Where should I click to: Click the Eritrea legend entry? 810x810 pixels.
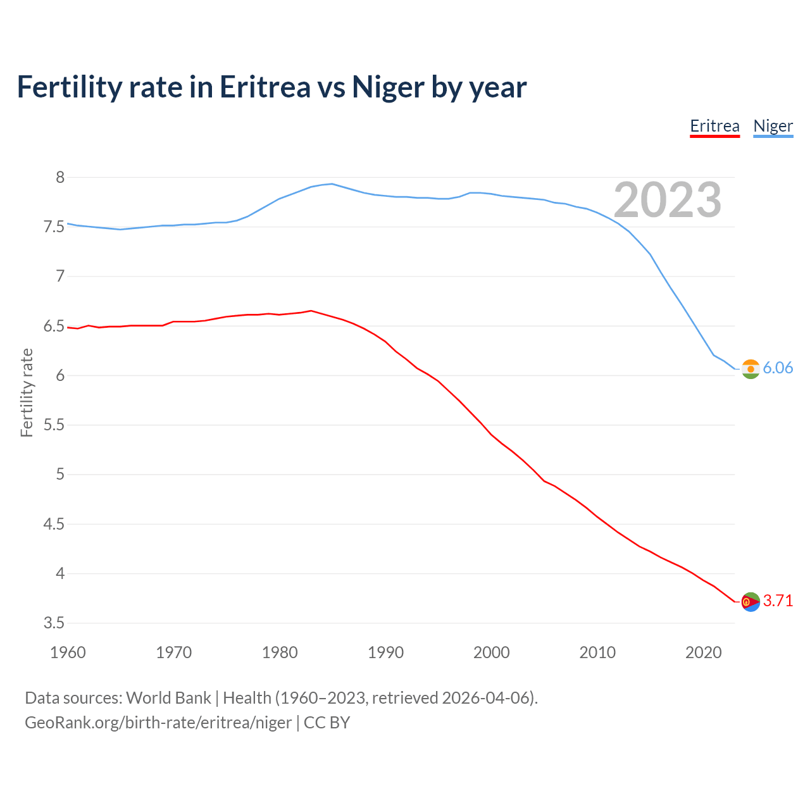point(714,126)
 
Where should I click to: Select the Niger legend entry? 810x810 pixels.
point(773,126)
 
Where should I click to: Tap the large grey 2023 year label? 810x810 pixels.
point(667,200)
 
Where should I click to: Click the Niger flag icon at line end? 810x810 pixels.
point(751,368)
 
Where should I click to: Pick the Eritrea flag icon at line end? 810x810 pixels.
point(751,601)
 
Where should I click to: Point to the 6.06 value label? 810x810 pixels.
point(778,368)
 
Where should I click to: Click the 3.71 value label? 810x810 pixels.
point(778,601)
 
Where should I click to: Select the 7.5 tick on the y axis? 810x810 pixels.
point(54,227)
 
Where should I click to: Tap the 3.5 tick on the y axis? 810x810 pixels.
point(54,623)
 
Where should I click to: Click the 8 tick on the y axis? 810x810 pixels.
point(60,177)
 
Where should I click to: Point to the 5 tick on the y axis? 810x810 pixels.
point(60,475)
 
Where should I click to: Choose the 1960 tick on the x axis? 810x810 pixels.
point(68,652)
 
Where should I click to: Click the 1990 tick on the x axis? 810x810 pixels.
point(385,652)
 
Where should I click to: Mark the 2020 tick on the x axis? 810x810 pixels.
point(703,652)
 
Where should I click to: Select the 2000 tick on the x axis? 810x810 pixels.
point(491,652)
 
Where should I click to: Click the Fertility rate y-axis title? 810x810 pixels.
point(27,392)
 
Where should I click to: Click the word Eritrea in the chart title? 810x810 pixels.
point(265,87)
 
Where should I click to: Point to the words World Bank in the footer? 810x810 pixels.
point(168,698)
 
